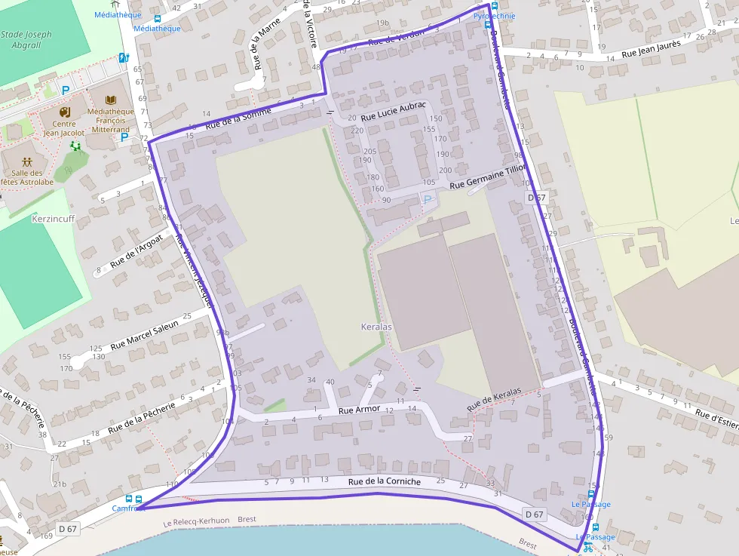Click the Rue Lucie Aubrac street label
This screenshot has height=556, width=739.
click(394, 112)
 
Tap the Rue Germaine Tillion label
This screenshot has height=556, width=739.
click(487, 177)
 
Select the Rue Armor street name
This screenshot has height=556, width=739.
click(359, 410)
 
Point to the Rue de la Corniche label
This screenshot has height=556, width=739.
click(385, 482)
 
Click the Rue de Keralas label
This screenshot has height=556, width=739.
click(494, 400)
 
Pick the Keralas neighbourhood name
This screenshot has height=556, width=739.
click(376, 327)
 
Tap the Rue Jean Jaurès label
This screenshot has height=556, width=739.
click(651, 49)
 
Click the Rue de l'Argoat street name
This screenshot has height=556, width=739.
click(136, 252)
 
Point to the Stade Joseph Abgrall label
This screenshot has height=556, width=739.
click(27, 39)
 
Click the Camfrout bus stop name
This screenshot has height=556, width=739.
click(128, 508)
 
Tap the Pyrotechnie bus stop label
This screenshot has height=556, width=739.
click(494, 15)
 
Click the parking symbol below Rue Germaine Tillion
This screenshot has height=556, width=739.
click(428, 199)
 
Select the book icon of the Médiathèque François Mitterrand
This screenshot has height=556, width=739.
click(111, 100)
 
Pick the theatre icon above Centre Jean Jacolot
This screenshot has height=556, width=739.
click(64, 112)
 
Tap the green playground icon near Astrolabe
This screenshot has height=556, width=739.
click(75, 146)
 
